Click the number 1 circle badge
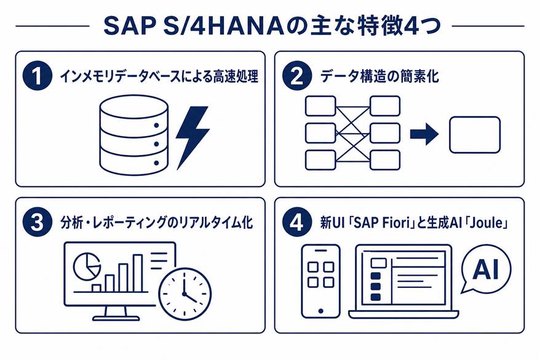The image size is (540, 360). [37, 76]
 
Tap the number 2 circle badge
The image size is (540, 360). [297, 76]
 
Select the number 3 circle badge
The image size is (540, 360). [37, 222]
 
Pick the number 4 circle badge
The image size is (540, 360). [297, 222]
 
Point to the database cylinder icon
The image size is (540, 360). [134, 134]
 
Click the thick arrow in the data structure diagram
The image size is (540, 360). [424, 134]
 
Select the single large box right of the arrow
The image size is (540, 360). [475, 135]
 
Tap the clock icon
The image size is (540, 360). [185, 293]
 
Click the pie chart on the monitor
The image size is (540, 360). [87, 266]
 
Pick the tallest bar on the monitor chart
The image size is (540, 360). [138, 273]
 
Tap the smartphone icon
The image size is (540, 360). [320, 281]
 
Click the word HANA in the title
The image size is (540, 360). [246, 26]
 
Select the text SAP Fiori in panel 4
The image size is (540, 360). [383, 223]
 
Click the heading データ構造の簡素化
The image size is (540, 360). [380, 76]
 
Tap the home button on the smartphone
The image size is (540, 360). [320, 311]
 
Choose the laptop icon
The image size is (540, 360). [403, 281]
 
